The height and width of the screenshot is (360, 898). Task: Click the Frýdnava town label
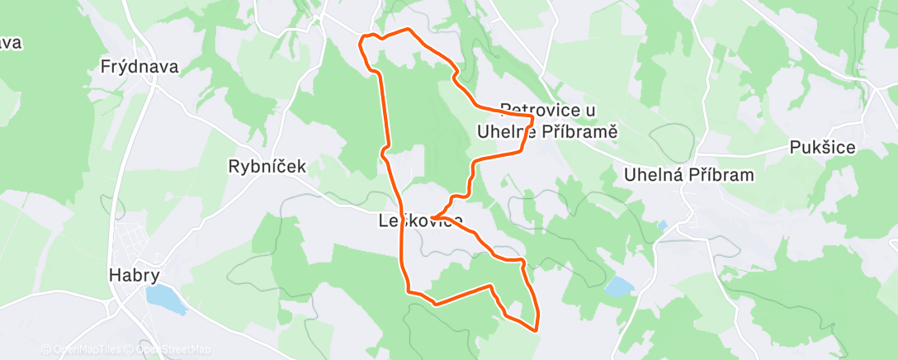(x=139, y=67)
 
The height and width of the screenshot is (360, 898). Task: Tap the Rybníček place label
(x=267, y=166)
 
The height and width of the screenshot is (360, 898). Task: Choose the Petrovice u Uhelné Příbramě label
(x=548, y=121)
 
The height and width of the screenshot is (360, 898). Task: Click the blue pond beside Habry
(x=163, y=298)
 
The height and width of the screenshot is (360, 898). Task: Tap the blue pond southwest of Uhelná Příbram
(x=619, y=287)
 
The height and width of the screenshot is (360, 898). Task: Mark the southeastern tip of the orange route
(x=536, y=329)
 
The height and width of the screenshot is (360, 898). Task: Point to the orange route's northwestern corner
(x=362, y=38)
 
